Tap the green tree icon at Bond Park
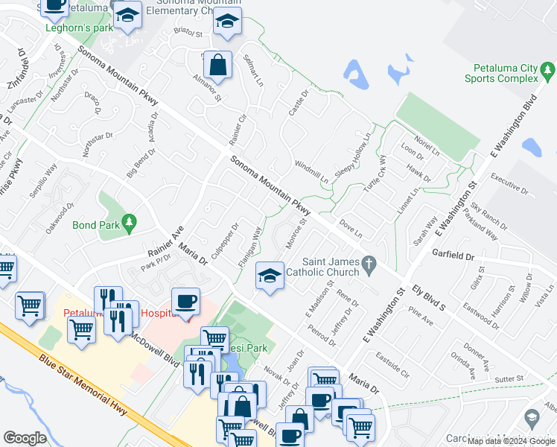[x=130, y=222]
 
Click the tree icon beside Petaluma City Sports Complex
[x=549, y=72]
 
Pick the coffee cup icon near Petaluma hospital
[x=185, y=302]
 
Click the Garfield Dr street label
[x=453, y=255]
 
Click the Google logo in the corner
[x=25, y=438]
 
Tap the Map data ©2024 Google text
[x=511, y=441]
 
